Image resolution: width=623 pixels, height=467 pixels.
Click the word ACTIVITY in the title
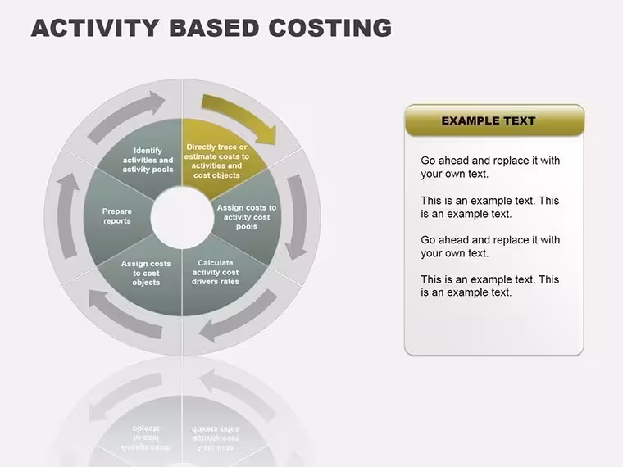point(95,28)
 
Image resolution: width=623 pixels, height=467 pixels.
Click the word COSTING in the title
point(330,28)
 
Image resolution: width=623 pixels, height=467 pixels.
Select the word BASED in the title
point(214,28)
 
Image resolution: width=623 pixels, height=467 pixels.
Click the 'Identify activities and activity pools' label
point(148,160)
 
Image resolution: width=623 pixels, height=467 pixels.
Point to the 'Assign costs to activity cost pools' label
point(247,217)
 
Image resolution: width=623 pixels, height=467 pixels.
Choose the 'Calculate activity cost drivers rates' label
point(216,272)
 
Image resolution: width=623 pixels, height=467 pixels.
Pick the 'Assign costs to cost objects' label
point(146,273)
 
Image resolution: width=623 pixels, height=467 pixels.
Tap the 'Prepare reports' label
point(116,216)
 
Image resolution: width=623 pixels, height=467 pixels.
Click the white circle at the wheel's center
point(182,218)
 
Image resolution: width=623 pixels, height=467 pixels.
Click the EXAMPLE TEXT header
point(489,120)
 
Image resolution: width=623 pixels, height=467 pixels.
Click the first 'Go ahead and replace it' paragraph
point(490,167)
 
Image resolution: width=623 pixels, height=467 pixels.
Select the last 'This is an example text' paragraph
point(490,286)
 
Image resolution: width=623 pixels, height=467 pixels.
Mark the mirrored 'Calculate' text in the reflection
point(216,448)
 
